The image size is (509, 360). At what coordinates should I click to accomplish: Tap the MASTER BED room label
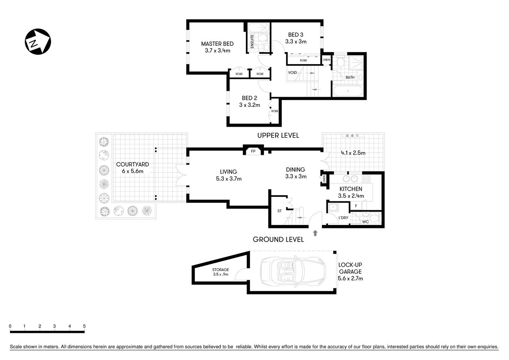coord(217,43)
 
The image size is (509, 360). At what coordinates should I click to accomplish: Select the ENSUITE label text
coord(252,41)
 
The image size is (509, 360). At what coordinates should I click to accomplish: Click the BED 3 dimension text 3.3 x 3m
coord(296,42)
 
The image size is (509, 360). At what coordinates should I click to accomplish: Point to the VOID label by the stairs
coord(292,73)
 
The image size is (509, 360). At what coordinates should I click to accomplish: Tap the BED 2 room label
coord(249,98)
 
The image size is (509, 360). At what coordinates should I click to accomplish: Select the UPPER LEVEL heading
coord(278,135)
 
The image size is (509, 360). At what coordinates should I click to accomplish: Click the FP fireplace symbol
coord(253,151)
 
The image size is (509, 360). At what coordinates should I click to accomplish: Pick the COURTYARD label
coord(132,164)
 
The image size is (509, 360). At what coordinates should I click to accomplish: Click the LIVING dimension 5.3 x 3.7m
coord(229,179)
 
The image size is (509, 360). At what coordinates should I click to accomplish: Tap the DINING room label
coord(295,169)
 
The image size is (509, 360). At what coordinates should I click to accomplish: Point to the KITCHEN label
coord(350,189)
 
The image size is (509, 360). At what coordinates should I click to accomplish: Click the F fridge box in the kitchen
coord(356,206)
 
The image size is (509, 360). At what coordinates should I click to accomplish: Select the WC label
coord(365,222)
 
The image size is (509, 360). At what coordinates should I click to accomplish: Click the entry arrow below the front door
coord(315,233)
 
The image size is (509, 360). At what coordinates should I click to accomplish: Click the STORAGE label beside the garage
coord(220,270)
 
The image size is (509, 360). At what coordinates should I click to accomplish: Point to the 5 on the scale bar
coord(84,326)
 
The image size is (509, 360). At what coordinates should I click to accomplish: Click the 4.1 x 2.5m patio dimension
coord(353,153)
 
